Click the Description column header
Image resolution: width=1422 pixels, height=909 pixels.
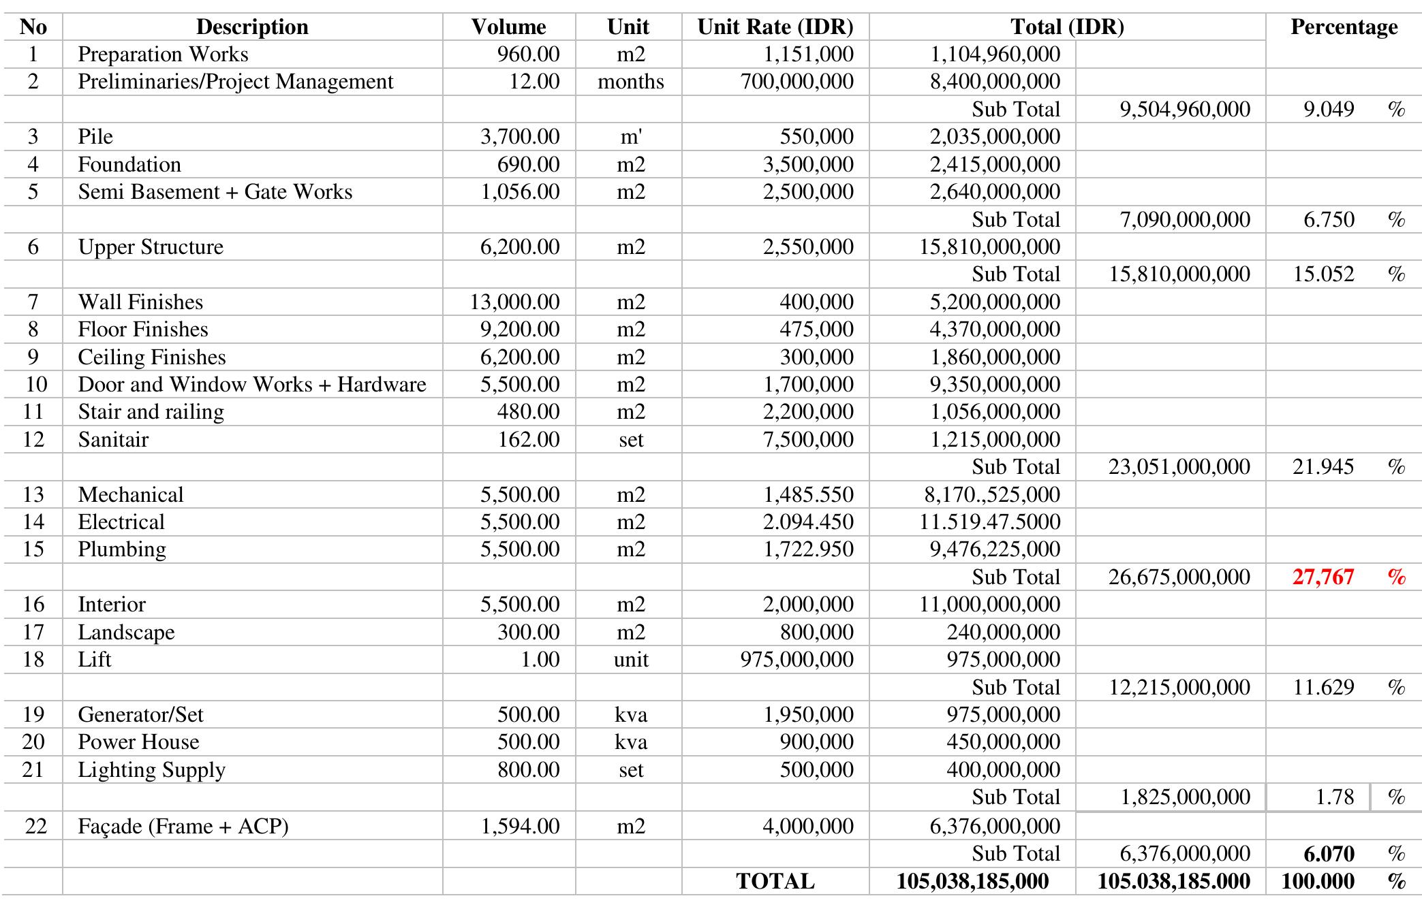[252, 27]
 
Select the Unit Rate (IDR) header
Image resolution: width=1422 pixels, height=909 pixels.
[775, 27]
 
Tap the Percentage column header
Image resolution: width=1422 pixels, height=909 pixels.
[1343, 27]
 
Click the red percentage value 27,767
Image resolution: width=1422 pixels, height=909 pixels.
[1323, 577]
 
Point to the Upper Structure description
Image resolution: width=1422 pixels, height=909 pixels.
[151, 246]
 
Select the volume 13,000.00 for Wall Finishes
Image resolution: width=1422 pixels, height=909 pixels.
[514, 302]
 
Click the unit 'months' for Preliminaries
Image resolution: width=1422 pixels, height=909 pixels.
[630, 82]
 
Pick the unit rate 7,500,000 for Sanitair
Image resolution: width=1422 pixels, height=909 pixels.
[808, 439]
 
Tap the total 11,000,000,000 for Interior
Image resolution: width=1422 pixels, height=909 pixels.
[989, 604]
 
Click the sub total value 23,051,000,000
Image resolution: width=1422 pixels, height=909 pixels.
[1179, 466]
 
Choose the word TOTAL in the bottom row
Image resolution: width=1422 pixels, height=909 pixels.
[775, 881]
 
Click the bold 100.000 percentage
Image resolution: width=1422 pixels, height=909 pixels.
[1317, 881]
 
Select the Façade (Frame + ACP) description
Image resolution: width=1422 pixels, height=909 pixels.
[183, 826]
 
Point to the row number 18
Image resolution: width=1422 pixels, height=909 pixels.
[33, 659]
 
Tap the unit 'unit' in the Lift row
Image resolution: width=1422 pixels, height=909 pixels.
[630, 659]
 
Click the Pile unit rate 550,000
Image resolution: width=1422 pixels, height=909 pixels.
[816, 136]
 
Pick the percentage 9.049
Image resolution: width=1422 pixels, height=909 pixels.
[1329, 109]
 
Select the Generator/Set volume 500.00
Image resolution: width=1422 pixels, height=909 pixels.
[528, 714]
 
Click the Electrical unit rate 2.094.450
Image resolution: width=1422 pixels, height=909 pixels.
[808, 522]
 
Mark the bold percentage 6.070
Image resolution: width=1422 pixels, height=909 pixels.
[1329, 853]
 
